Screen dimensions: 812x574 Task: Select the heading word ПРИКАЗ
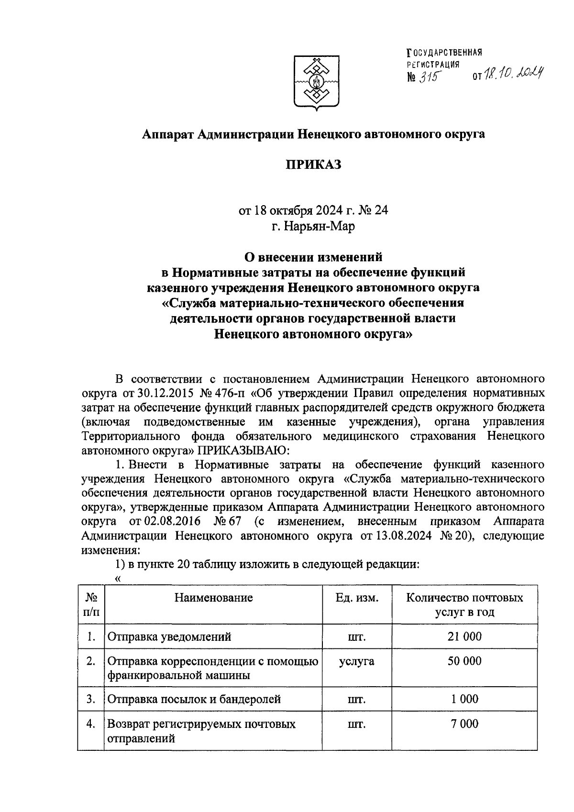pyautogui.click(x=313, y=165)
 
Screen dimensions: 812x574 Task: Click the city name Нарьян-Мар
pyautogui.click(x=313, y=226)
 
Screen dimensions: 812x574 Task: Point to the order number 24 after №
pyautogui.click(x=381, y=210)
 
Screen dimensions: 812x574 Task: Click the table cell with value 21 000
pyautogui.click(x=464, y=636)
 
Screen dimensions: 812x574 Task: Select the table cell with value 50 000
pyautogui.click(x=464, y=661)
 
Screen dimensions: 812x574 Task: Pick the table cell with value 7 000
pyautogui.click(x=464, y=724)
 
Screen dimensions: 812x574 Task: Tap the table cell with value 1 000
pyautogui.click(x=464, y=699)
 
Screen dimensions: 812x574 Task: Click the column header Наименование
pyautogui.click(x=213, y=598)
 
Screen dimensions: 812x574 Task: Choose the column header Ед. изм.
pyautogui.click(x=357, y=598)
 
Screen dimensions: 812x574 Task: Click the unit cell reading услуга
pyautogui.click(x=357, y=661)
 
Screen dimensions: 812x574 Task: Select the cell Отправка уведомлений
pyautogui.click(x=169, y=637)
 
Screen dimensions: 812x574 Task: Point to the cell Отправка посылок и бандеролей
pyautogui.click(x=194, y=700)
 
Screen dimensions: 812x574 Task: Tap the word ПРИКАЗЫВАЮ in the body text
pyautogui.click(x=241, y=450)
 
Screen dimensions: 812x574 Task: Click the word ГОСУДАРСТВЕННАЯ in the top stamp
pyautogui.click(x=443, y=52)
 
